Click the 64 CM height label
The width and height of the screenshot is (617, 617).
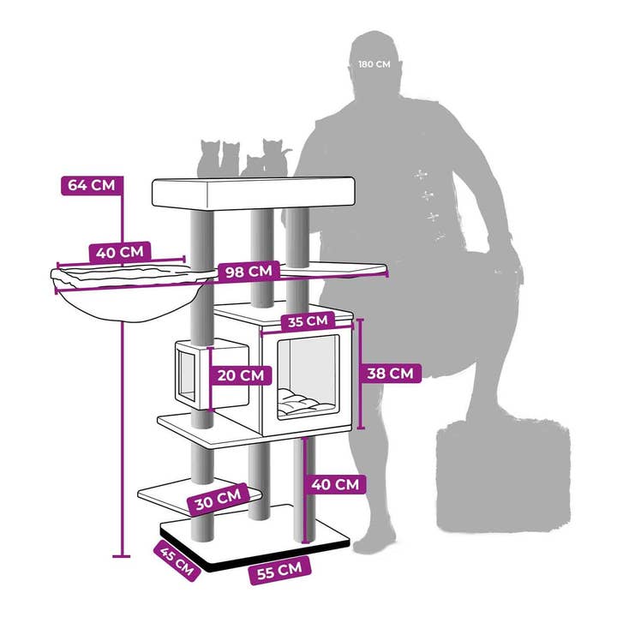pos(92,185)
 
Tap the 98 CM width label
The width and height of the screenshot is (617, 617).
pos(249,272)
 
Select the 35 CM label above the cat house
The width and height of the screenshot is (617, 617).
pos(308,321)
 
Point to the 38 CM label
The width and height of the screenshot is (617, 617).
pos(391,373)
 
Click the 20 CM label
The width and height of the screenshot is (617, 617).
pos(241,375)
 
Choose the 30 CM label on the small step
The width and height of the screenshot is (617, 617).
pos(219,500)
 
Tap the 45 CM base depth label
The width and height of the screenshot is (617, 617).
pos(177,560)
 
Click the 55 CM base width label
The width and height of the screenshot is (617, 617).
pos(279,571)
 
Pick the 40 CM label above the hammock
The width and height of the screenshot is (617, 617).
pos(120,252)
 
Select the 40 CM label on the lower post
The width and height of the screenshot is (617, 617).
pos(335,484)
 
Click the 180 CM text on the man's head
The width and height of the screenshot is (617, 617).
pos(374,64)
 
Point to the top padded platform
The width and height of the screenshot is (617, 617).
pos(254,193)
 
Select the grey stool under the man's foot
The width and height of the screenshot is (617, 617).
pos(503,476)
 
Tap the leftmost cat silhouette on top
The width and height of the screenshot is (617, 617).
pos(210,159)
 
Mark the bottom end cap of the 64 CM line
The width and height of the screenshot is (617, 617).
pos(121,556)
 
